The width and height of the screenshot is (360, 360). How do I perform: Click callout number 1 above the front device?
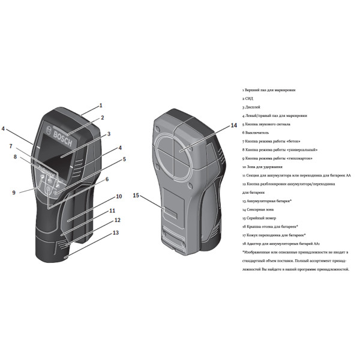click(101, 105)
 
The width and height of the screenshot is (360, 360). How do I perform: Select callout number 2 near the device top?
click(103, 118)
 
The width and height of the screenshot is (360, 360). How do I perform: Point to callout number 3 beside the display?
click(109, 134)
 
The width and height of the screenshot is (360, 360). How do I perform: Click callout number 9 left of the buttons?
click(13, 193)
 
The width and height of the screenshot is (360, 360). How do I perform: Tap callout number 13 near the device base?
click(116, 232)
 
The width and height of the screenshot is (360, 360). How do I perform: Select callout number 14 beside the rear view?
click(234, 126)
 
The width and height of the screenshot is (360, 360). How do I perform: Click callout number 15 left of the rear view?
click(136, 196)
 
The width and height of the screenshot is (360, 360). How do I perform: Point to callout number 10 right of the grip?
click(119, 196)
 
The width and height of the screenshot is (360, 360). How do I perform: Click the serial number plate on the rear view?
click(172, 215)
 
